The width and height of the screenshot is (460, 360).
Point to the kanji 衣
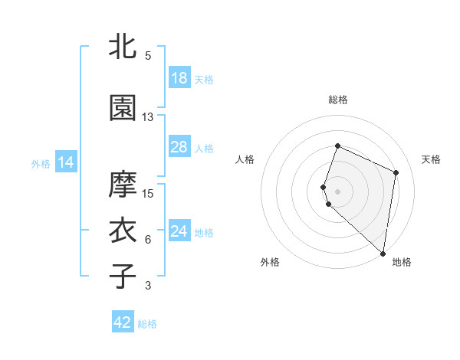pyautogui.click(x=123, y=231)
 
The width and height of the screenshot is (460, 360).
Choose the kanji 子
pyautogui.click(x=123, y=276)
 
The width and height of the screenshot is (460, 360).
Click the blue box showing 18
pyautogui.click(x=179, y=78)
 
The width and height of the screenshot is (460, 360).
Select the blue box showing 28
pyautogui.click(x=179, y=147)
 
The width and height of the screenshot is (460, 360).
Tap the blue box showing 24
pyautogui.click(x=179, y=231)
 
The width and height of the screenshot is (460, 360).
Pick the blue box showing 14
pyautogui.click(x=66, y=162)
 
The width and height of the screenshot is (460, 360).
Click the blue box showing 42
pyautogui.click(x=123, y=322)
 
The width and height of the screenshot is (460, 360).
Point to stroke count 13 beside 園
pyautogui.click(x=148, y=117)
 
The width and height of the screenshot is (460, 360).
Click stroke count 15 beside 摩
pyautogui.click(x=148, y=193)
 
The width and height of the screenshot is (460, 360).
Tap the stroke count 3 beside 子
pyautogui.click(x=148, y=286)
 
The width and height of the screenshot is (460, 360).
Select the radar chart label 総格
pyautogui.click(x=338, y=100)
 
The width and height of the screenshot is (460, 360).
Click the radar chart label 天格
pyautogui.click(x=431, y=159)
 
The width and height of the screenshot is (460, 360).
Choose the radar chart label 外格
pyautogui.click(x=270, y=262)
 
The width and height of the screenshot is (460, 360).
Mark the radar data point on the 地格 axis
pyautogui.click(x=383, y=254)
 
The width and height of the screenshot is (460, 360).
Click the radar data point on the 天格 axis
pyautogui.click(x=396, y=172)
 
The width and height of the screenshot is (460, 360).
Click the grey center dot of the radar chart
pyautogui.click(x=338, y=191)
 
